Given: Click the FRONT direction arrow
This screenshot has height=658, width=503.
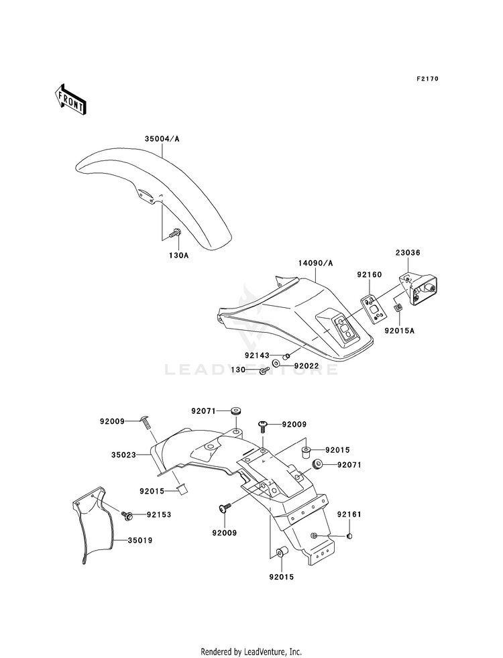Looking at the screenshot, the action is (x=70, y=99).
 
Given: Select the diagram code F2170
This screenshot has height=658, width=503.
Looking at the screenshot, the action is (x=427, y=78).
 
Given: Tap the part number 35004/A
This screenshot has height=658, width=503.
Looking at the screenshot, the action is (x=162, y=139).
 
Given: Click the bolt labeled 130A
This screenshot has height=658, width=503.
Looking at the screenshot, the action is (x=174, y=233).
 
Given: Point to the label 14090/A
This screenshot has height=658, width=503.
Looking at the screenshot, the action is (x=316, y=263).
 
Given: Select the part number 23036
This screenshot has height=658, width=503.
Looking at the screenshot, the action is (x=408, y=253).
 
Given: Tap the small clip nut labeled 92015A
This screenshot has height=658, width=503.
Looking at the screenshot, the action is (x=398, y=309).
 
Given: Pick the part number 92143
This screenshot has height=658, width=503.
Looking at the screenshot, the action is (x=257, y=356).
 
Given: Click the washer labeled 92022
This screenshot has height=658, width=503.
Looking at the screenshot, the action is (x=277, y=363).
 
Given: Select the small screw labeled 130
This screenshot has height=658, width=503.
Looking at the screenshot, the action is (x=264, y=370).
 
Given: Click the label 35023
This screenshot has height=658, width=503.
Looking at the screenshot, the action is (x=123, y=455).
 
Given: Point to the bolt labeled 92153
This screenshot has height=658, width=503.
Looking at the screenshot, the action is (x=127, y=514).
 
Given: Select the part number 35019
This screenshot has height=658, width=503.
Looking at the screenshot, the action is (x=140, y=541).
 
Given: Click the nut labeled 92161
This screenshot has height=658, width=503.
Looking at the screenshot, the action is (x=349, y=537).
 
